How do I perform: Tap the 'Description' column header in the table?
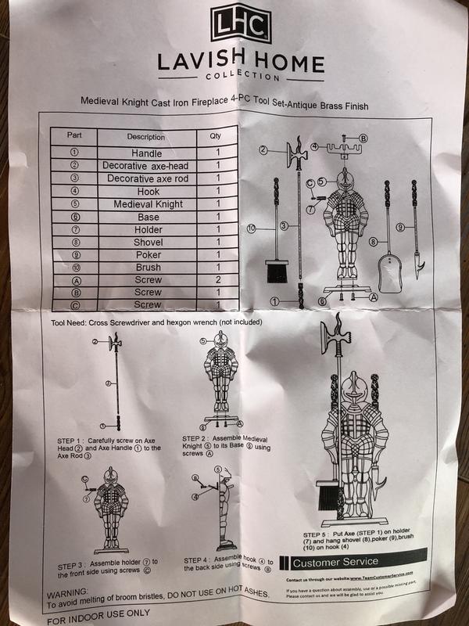point(146,136)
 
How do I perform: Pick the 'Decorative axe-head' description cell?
point(146,166)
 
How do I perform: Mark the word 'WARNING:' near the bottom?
point(68,595)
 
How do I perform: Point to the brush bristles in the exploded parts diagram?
point(277,271)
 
